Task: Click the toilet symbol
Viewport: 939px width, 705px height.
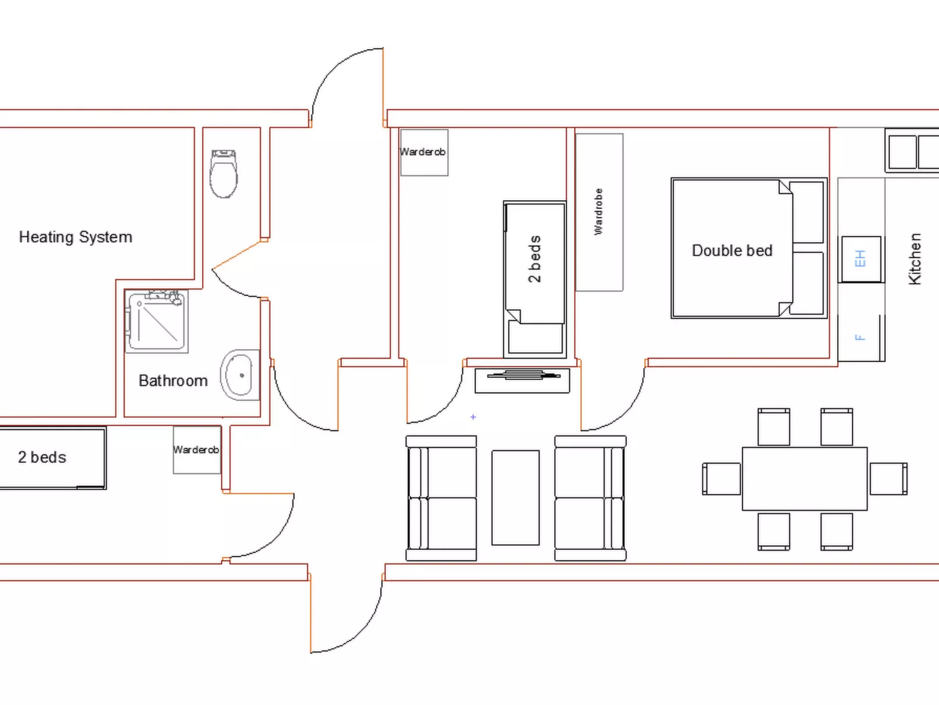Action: pos(224,173)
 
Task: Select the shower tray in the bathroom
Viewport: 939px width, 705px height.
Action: pos(157,321)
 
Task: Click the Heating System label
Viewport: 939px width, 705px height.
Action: pos(76,237)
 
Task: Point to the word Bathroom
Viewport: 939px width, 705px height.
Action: pos(173,380)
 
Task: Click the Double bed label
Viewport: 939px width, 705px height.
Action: pos(732,251)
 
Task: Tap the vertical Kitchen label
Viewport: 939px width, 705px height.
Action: pos(914,259)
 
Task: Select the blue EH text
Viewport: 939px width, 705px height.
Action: pos(860,259)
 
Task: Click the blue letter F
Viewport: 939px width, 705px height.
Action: pos(860,338)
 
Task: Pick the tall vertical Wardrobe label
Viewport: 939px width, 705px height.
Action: pos(599,211)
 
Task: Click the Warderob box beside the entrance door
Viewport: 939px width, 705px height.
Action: pos(424,152)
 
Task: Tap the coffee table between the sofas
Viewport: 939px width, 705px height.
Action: pos(516,497)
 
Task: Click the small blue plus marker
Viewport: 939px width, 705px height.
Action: pos(472,417)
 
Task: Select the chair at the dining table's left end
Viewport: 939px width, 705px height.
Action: pos(721,479)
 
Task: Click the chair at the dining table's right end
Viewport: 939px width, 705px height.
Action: pos(888,479)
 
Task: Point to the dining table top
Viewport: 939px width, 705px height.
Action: pos(805,479)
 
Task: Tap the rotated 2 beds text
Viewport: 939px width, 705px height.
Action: pos(535,259)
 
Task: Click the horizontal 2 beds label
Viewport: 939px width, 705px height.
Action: pos(42,457)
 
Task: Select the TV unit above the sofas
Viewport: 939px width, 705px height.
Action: pos(522,380)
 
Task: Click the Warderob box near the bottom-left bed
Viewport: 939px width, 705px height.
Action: pos(197,450)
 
